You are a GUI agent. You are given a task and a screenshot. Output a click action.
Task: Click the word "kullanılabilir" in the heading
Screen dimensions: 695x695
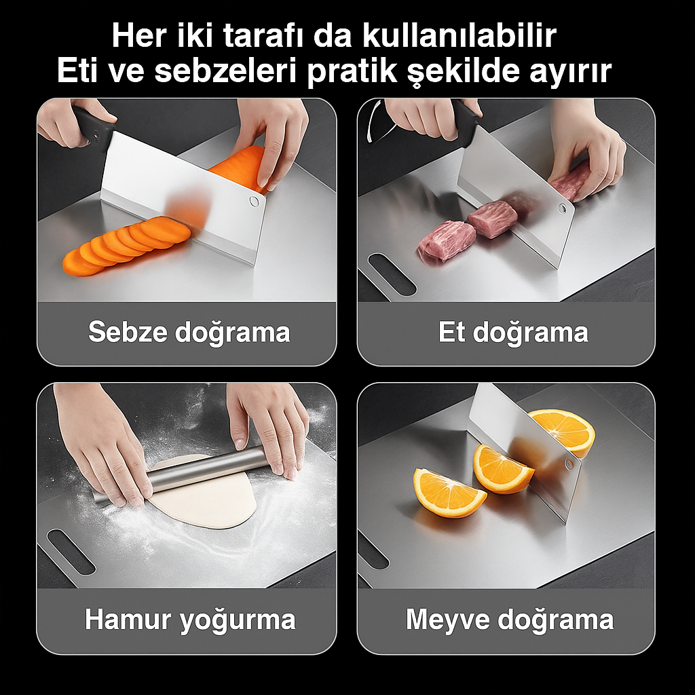pos(459,35)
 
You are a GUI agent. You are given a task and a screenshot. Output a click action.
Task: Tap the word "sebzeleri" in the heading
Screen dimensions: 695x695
pos(225,70)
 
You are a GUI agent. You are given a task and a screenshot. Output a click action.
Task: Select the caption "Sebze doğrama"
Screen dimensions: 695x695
pos(189,331)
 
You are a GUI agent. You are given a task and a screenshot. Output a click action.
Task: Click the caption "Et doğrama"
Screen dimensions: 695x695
pos(513,331)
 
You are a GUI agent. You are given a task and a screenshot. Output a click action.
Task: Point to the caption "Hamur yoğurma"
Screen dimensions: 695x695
pos(190,620)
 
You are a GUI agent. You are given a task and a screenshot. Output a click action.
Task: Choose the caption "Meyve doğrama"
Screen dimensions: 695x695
pos(510,620)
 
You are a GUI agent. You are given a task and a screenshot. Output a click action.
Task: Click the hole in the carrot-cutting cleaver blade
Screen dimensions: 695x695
pos(254,202)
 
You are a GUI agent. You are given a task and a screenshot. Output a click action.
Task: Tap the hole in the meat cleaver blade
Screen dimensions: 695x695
pos(562,208)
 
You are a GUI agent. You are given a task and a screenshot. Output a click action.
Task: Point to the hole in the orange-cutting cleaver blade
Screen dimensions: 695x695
pos(569,464)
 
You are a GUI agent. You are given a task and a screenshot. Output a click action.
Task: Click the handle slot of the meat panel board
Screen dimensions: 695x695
pos(392,274)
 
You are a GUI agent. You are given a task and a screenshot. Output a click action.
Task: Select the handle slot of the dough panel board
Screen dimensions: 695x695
pos(71,552)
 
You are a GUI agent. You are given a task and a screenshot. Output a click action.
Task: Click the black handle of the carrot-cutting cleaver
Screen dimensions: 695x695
pos(94,126)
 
